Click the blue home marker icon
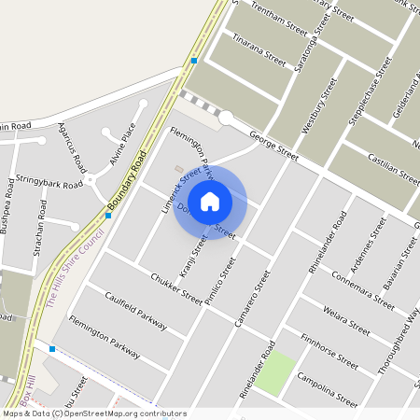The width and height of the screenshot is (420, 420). click(210, 202)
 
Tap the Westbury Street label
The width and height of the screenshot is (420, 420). click(327, 103)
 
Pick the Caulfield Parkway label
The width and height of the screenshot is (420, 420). click(135, 312)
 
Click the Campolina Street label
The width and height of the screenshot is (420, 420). click(326, 388)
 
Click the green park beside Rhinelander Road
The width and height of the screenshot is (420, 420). click(274, 373)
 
